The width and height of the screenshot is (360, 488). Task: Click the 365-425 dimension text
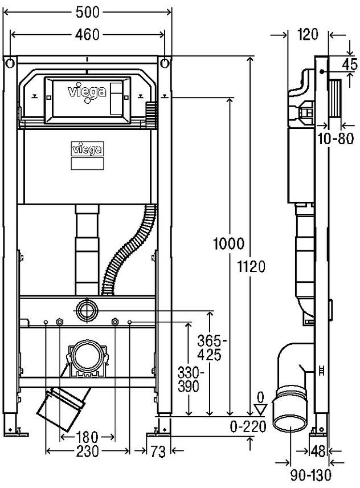pos(212,347)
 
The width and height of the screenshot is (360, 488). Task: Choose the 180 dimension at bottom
pos(87,437)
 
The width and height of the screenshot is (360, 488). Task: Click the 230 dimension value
pos(87,452)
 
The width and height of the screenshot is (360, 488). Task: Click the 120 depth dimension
pos(307,35)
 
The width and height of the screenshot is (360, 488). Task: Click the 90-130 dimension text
pos(309,474)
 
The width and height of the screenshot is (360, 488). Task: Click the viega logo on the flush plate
pos(87,92)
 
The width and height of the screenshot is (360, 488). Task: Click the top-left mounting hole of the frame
pos(10,62)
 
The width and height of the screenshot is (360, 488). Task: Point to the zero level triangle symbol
pos(261,408)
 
